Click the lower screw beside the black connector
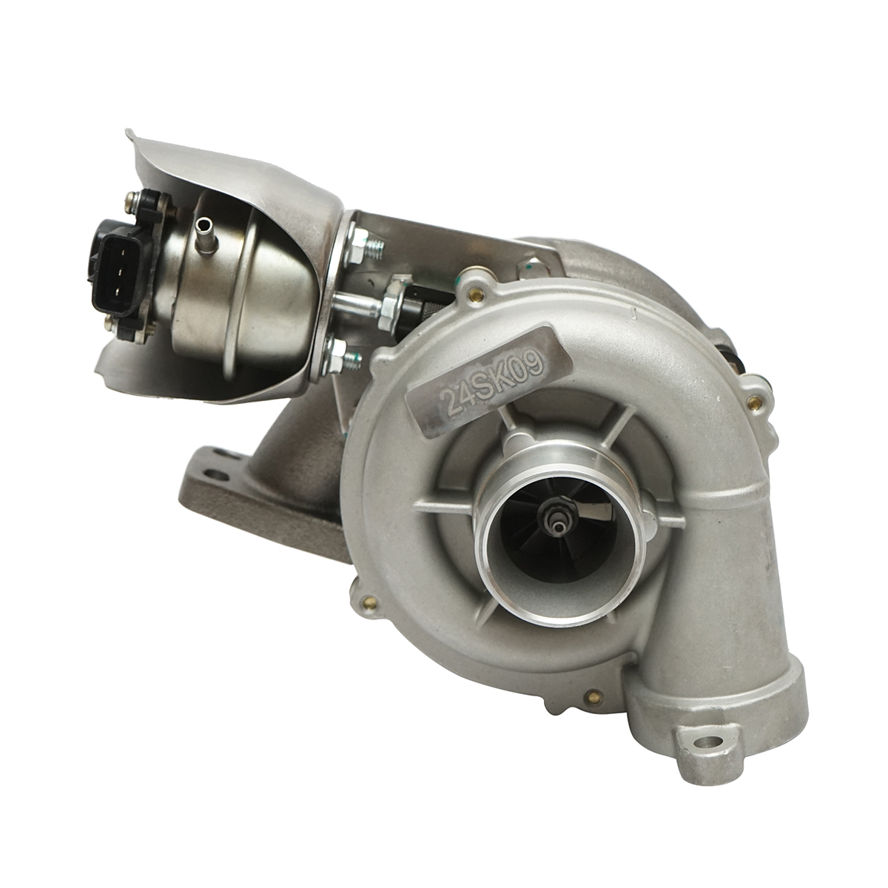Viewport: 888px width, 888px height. [x=114, y=319]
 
